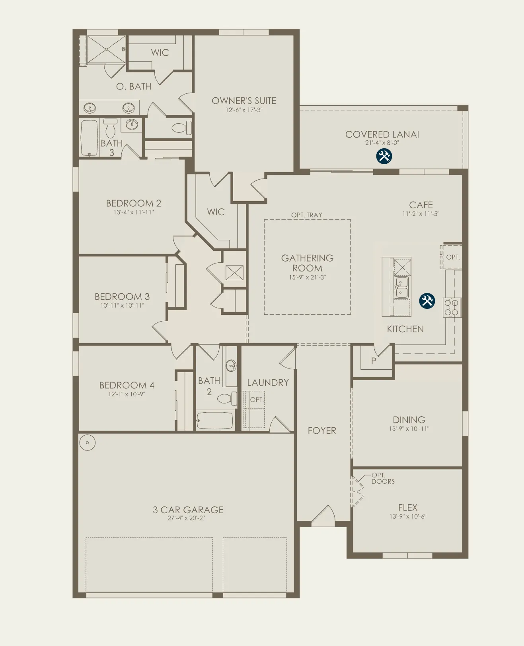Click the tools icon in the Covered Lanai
384,156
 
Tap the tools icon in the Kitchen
427,301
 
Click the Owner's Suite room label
244,101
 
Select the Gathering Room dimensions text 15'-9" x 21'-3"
307,277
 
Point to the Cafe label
421,205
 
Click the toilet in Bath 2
227,398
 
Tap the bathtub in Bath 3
89,138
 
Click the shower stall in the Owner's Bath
106,49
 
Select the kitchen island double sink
401,287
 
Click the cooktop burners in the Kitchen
452,307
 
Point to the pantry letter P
374,361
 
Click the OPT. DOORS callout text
383,478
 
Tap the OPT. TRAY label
307,215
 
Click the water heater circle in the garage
88,442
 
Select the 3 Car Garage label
188,510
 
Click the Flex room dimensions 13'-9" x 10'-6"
408,516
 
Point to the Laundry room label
268,383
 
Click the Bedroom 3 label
122,297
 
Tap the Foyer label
322,431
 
